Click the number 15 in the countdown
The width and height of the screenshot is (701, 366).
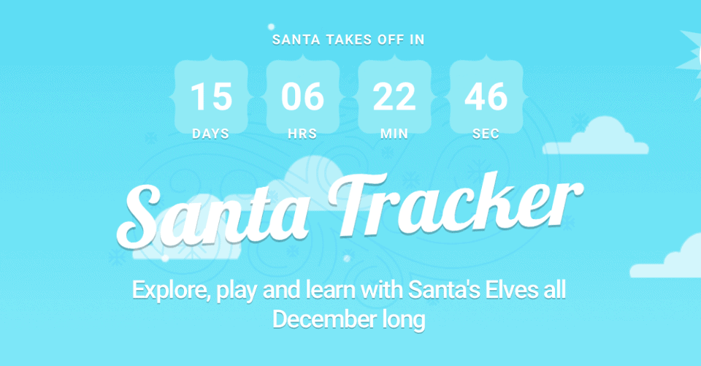[211, 96]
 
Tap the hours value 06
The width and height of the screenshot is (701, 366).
[302, 96]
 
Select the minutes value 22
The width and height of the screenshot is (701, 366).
[394, 96]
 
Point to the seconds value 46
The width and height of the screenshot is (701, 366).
[486, 96]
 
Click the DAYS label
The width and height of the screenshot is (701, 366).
[210, 134]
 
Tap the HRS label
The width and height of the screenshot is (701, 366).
[302, 134]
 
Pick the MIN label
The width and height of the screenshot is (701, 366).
[394, 134]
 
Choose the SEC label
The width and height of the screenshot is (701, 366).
[486, 134]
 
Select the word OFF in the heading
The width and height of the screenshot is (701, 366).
[390, 40]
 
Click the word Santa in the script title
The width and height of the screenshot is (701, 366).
[212, 216]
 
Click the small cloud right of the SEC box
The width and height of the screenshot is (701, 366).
[596, 136]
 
